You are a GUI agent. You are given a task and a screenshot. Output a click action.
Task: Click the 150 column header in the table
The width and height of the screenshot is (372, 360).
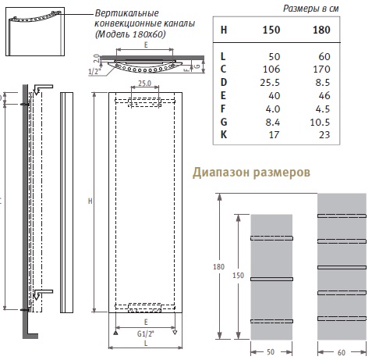pos(271,30)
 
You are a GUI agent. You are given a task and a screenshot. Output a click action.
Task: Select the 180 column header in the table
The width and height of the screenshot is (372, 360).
pos(321,30)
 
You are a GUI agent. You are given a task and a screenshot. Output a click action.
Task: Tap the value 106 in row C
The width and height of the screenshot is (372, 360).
pos(271,70)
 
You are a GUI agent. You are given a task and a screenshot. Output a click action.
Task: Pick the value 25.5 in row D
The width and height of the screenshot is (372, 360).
pos(270,83)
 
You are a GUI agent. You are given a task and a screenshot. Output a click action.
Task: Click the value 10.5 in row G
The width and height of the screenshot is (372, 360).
pos(320,122)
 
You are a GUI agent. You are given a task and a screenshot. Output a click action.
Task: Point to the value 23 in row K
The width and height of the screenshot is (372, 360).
pos(324,135)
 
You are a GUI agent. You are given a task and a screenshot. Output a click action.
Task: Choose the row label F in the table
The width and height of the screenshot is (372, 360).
pos(223,109)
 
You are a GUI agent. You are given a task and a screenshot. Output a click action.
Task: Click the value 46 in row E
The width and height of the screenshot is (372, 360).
pos(324,96)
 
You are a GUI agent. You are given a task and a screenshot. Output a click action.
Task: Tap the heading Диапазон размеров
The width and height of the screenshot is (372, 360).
pos(251,173)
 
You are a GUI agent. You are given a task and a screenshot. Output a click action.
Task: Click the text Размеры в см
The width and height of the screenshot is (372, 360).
pos(310,9)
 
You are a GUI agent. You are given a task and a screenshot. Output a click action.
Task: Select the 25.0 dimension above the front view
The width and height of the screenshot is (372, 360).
pos(144,84)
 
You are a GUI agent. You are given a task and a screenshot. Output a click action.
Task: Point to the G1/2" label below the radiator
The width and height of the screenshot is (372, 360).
pos(146,333)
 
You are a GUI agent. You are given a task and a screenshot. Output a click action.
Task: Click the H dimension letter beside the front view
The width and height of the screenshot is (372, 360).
pos(90,201)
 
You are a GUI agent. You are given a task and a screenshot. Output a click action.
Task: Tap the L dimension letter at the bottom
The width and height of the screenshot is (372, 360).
pos(146,343)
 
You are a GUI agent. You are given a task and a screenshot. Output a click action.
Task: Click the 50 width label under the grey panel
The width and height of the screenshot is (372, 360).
pos(271,352)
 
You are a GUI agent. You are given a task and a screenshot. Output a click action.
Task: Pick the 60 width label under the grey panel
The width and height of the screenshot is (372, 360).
pos(342,353)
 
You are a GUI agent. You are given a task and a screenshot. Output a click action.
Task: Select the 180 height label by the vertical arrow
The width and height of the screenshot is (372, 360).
pos(218,267)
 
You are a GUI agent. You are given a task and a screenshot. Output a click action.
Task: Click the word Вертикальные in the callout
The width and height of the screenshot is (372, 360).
pos(126,13)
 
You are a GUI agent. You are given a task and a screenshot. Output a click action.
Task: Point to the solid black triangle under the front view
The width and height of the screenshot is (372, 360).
pos(115,333)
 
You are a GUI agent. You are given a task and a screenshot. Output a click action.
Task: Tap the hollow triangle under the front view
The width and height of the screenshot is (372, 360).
pos(175,333)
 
